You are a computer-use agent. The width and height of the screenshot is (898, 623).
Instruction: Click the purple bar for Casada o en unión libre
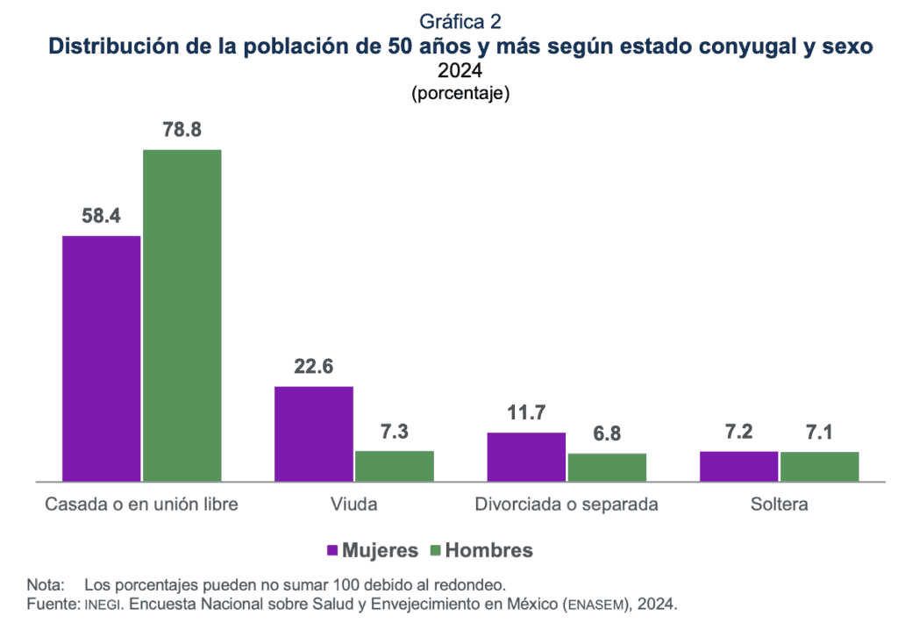point(101,358)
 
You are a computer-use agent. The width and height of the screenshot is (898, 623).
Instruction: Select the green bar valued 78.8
point(182,315)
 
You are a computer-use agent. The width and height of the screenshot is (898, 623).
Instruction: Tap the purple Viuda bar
point(314,433)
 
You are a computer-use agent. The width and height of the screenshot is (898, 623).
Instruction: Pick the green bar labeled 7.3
point(395,466)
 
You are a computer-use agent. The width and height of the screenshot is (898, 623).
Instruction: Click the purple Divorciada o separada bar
point(526,456)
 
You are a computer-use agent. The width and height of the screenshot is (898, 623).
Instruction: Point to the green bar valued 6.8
point(607,467)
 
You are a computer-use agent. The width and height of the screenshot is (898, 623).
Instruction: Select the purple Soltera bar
point(738,466)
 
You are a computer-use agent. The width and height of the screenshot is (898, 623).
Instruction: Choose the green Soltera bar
point(819,466)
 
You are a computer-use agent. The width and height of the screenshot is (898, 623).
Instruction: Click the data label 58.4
point(101,216)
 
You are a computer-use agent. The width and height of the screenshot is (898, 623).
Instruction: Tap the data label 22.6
point(314,367)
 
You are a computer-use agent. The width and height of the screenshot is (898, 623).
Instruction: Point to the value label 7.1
point(819,432)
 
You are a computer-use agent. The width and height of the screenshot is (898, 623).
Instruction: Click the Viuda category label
point(354,505)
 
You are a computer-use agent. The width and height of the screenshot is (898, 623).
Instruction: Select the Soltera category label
point(779,505)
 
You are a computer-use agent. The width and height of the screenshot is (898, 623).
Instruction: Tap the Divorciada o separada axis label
point(567,505)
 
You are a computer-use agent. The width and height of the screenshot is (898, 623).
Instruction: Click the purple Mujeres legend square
point(332,551)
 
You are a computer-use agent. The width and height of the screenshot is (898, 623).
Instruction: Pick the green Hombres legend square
point(437,551)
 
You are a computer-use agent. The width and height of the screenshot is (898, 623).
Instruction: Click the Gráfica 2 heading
point(460,21)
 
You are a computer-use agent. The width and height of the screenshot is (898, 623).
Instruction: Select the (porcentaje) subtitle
point(460,93)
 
